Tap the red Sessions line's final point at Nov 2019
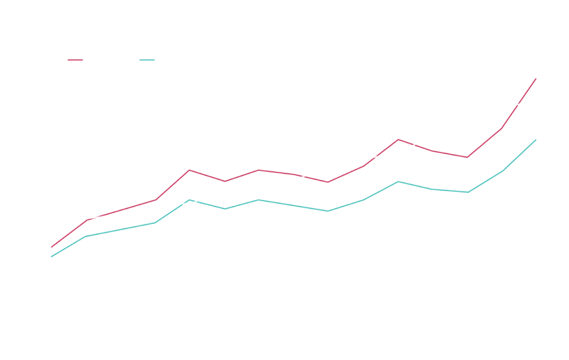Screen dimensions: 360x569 coord(537,77)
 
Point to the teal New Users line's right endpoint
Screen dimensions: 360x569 coord(537,140)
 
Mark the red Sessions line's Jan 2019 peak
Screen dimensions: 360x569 coord(189,169)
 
